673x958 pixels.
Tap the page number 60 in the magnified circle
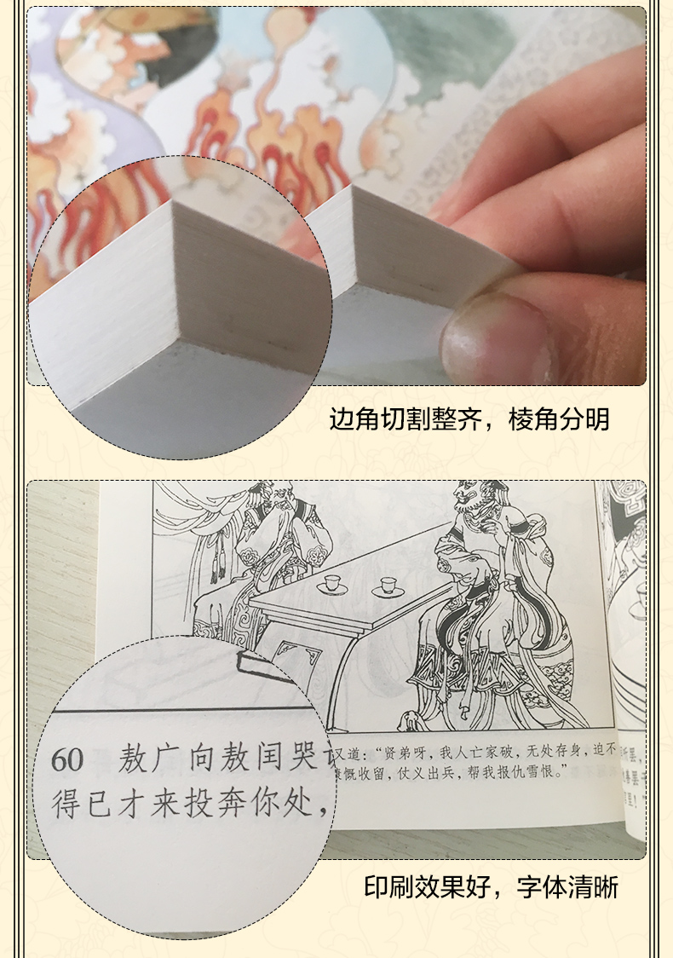point(67,759)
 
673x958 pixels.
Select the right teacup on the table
point(389,586)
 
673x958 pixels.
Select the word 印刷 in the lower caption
point(389,887)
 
